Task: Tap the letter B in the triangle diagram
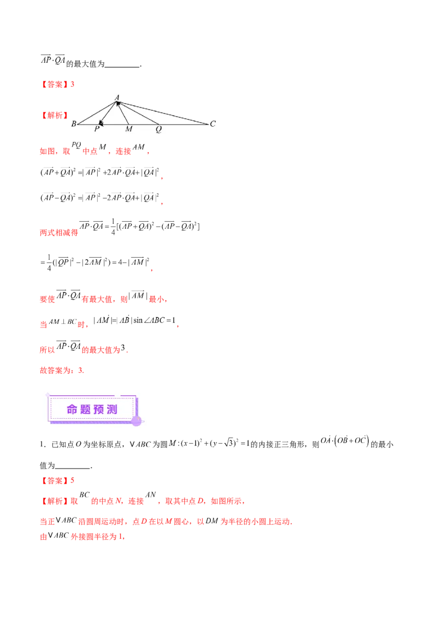tap(74, 124)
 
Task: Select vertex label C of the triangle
tap(212, 124)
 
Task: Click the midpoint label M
tap(128, 129)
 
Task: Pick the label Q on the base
tap(158, 129)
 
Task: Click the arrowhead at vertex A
tap(117, 103)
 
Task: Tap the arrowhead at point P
tap(100, 124)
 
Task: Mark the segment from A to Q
tap(139, 114)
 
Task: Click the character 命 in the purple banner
tap(72, 410)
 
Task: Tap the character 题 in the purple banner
tap(85, 410)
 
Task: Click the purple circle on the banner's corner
tap(137, 420)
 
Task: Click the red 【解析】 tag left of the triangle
tap(55, 116)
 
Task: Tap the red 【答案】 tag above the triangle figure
tap(56, 85)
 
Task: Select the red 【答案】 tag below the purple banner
tap(56, 482)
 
